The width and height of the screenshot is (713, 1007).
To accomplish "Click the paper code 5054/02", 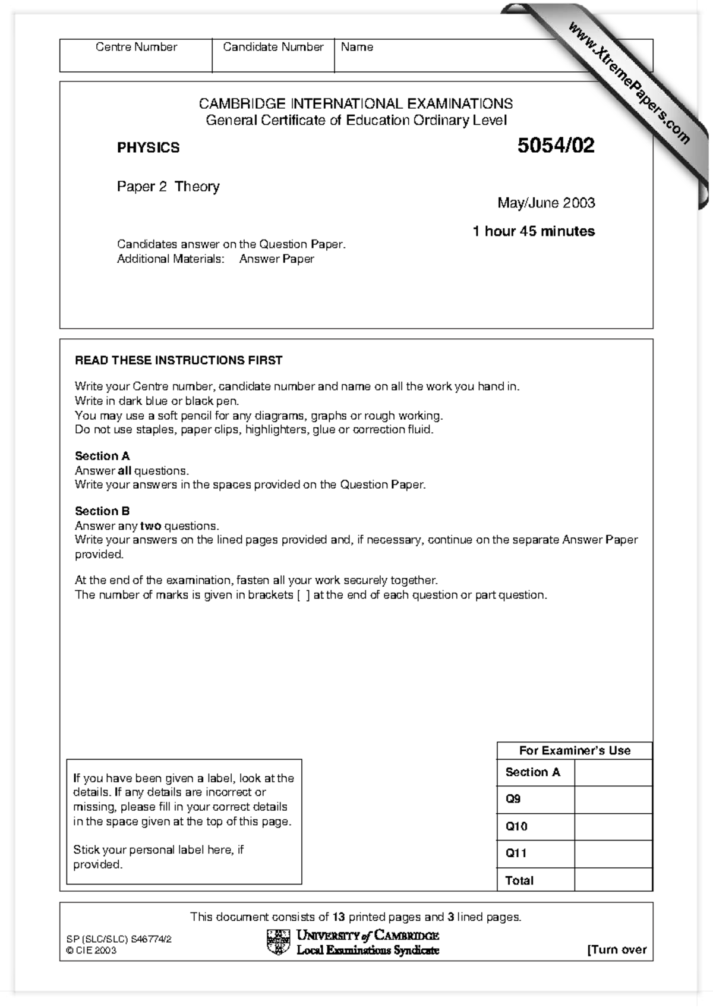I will [x=556, y=146].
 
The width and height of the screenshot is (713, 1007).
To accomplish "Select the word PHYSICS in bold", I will [x=148, y=148].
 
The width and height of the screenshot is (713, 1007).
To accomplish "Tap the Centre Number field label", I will [x=136, y=47].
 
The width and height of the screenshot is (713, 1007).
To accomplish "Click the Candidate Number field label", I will [x=273, y=47].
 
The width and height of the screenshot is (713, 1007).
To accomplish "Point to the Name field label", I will [x=356, y=47].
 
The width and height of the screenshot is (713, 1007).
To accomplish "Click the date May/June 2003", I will [x=546, y=203].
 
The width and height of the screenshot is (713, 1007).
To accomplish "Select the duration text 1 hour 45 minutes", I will [x=534, y=231].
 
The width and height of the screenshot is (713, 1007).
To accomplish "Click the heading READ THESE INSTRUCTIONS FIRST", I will [x=178, y=360].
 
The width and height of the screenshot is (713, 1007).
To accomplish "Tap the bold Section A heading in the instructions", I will [x=102, y=456].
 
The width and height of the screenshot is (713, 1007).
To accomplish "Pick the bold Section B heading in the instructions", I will [x=102, y=511].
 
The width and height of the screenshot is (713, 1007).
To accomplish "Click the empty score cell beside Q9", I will [x=613, y=800].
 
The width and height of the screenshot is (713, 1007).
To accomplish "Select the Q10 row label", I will [x=516, y=826].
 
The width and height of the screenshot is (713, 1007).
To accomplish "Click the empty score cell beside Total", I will [x=613, y=880].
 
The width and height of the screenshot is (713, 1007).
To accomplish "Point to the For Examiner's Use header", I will [x=574, y=751].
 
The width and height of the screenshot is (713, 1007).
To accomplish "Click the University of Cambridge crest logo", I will [x=277, y=942].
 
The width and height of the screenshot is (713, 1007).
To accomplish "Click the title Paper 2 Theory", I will [x=168, y=187].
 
